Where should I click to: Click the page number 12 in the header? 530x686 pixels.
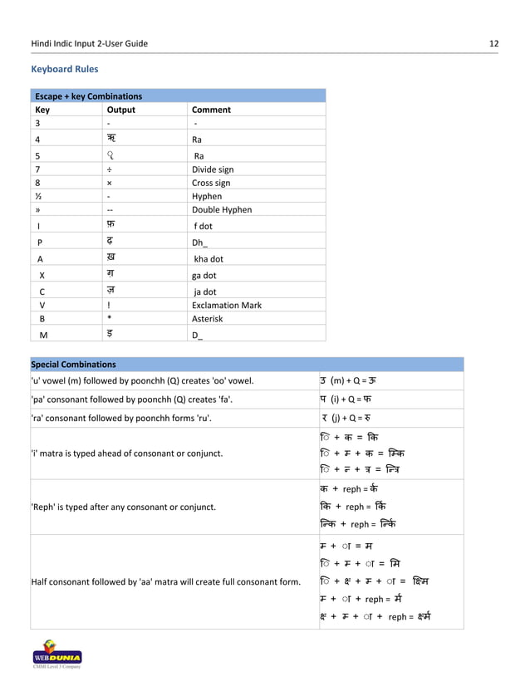click(x=493, y=43)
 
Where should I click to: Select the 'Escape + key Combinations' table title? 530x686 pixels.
click(x=88, y=96)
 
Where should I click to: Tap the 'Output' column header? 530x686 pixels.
click(x=120, y=110)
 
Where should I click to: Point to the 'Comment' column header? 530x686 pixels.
click(x=211, y=110)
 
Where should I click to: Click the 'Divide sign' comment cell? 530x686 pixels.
click(x=213, y=169)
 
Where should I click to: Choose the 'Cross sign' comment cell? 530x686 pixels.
click(x=211, y=183)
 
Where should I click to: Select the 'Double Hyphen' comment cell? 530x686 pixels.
click(x=221, y=210)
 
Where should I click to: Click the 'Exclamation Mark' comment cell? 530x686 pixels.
click(x=226, y=305)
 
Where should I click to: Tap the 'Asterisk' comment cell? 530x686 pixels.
click(x=209, y=318)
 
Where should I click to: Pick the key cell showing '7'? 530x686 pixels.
click(x=37, y=169)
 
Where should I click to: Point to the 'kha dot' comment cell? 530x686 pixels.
click(x=209, y=259)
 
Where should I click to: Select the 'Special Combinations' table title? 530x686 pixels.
click(x=73, y=365)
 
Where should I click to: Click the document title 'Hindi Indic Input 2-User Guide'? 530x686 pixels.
click(x=89, y=43)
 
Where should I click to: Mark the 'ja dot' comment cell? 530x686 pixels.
click(x=205, y=292)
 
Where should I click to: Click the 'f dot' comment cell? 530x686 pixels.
click(x=204, y=226)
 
